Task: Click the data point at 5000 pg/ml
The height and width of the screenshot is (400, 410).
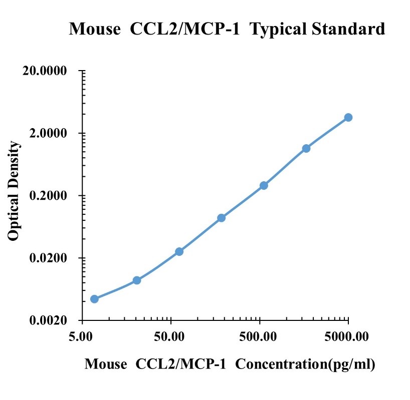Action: pyautogui.click(x=348, y=117)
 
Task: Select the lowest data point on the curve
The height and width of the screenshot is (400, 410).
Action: pyautogui.click(x=94, y=299)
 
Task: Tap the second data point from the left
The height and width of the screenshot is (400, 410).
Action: pyautogui.click(x=137, y=280)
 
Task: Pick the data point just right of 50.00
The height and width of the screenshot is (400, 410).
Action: pyautogui.click(x=179, y=251)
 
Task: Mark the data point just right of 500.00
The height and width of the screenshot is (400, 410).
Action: pyautogui.click(x=264, y=186)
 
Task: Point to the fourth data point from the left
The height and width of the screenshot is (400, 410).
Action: pyautogui.click(x=221, y=218)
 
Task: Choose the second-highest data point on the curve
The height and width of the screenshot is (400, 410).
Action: pyautogui.click(x=306, y=148)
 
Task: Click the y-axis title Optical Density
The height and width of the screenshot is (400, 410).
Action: pyautogui.click(x=15, y=191)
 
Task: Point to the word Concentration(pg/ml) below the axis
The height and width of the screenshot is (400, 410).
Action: pyautogui.click(x=305, y=364)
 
